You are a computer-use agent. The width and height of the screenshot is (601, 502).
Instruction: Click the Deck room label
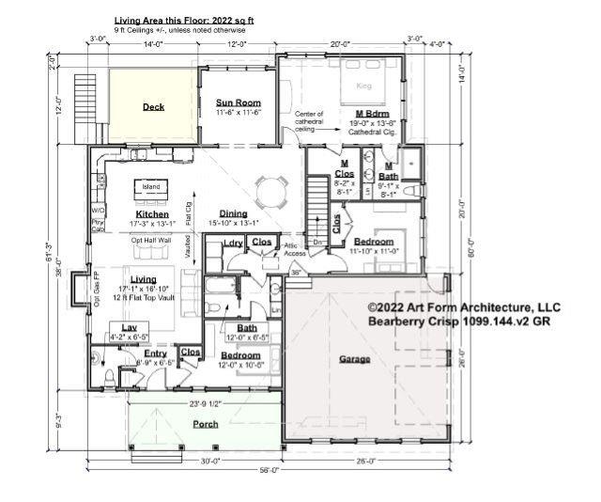tap(153, 107)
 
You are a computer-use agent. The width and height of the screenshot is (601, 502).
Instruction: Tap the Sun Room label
tap(239, 102)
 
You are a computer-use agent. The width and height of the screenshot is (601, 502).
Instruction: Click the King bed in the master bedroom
tap(364, 86)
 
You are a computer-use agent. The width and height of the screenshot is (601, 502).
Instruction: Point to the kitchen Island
tap(151, 187)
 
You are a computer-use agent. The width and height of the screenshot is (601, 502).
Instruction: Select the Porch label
tap(206, 424)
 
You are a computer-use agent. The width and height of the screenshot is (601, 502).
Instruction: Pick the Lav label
tap(117, 327)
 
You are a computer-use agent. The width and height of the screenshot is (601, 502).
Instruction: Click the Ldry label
tap(233, 244)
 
